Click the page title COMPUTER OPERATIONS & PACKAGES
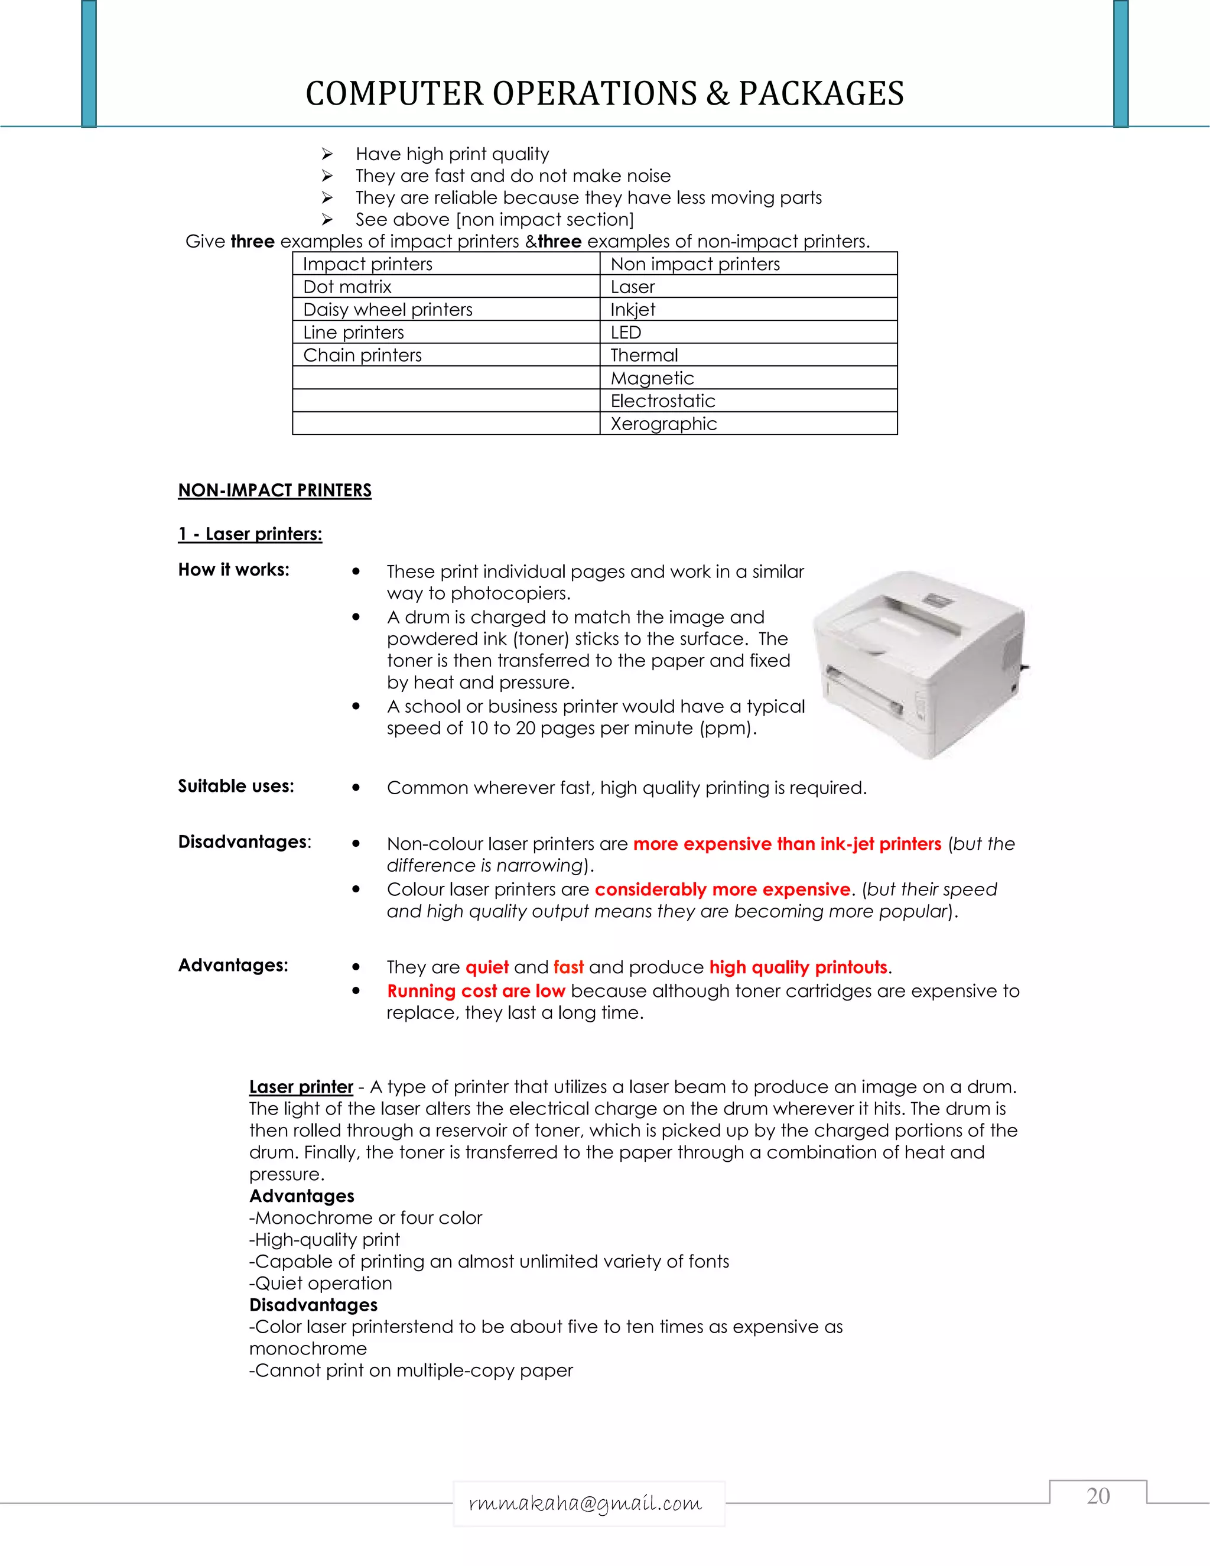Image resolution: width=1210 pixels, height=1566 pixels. click(604, 93)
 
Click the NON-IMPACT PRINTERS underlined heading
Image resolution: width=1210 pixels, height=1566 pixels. click(275, 490)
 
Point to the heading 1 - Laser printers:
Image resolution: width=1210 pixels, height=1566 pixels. click(250, 534)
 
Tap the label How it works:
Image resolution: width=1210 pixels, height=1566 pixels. click(234, 570)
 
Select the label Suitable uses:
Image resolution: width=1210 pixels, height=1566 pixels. click(236, 787)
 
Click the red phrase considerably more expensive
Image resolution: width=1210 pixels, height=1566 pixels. click(723, 890)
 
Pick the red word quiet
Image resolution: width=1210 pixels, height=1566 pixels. click(487, 967)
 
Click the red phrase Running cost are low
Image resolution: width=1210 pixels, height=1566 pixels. click(476, 991)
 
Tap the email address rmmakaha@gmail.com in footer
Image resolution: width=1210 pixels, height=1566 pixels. click(586, 1503)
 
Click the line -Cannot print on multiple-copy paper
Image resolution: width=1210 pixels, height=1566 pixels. click(411, 1371)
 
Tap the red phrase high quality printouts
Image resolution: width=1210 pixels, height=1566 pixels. click(798, 967)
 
